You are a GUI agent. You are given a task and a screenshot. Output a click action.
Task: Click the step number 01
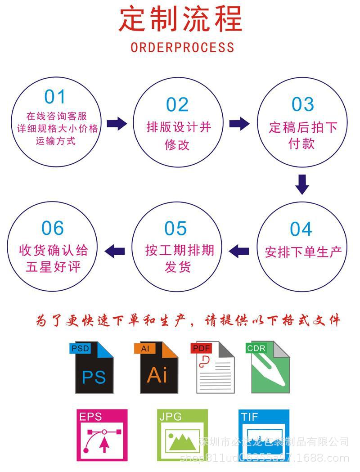pos(55,97)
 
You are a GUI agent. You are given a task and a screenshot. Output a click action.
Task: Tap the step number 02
pos(177,104)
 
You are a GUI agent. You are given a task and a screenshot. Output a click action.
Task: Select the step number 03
pos(302,104)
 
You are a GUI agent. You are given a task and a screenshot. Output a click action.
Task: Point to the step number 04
pos(301,229)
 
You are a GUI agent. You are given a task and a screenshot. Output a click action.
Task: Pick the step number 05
pos(175,229)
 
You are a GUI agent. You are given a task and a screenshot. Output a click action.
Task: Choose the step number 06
pos(53,229)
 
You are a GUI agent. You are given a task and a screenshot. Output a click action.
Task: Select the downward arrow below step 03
pos(302,184)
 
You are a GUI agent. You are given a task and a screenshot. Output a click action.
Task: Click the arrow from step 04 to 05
pos(239,250)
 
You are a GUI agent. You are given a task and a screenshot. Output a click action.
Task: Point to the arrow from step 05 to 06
pos(115,250)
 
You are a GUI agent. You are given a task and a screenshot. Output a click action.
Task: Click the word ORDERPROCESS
pos(182,47)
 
